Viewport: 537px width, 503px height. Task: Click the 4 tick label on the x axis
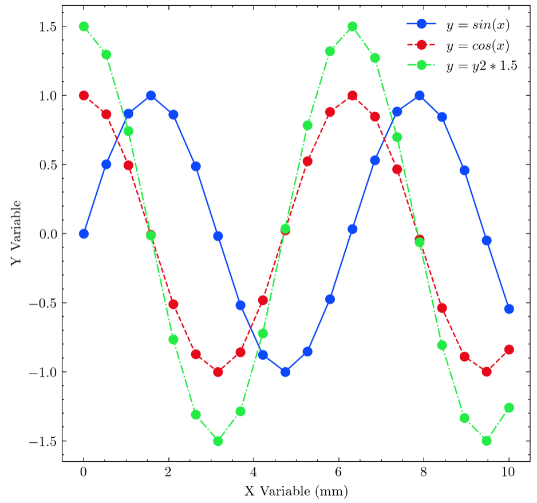pos(254,473)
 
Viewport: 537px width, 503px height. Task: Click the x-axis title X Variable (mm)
pos(296,491)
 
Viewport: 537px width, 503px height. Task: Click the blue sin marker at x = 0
pos(84,234)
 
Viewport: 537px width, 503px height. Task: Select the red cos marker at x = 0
pos(84,95)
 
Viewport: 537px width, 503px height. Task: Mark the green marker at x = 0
pos(84,26)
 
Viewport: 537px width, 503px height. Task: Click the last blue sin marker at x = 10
pos(509,309)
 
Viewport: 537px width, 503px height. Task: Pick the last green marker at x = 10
pos(509,407)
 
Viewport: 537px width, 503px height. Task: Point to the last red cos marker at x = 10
pos(509,349)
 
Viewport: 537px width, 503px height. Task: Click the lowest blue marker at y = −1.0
pos(285,372)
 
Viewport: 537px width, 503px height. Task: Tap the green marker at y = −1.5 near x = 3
pos(218,441)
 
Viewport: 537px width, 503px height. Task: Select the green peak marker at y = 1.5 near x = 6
pos(352,26)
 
